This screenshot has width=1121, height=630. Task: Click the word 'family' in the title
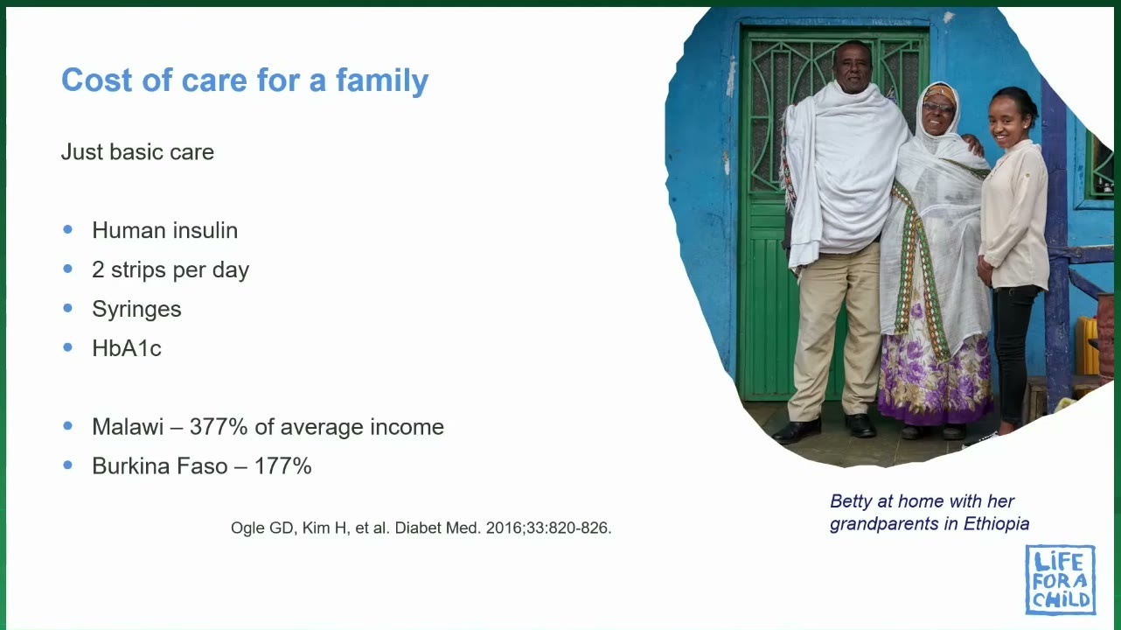click(382, 80)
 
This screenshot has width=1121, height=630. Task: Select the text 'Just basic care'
click(137, 151)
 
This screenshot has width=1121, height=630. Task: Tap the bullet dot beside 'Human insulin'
click(68, 229)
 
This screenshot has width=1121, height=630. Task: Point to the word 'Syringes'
click(136, 309)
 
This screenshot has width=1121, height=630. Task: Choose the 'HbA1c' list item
click(127, 348)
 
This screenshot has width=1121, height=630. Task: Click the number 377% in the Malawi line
click(219, 427)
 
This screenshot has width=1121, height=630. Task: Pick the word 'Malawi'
click(128, 427)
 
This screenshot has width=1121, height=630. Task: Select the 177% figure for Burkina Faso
click(282, 465)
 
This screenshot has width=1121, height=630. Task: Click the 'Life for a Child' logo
click(1061, 579)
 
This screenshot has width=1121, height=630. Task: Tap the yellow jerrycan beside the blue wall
click(1087, 345)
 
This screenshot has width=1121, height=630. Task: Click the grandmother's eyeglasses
click(938, 108)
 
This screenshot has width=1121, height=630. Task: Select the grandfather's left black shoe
click(797, 430)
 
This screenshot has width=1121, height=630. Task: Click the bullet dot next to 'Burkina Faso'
click(68, 465)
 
